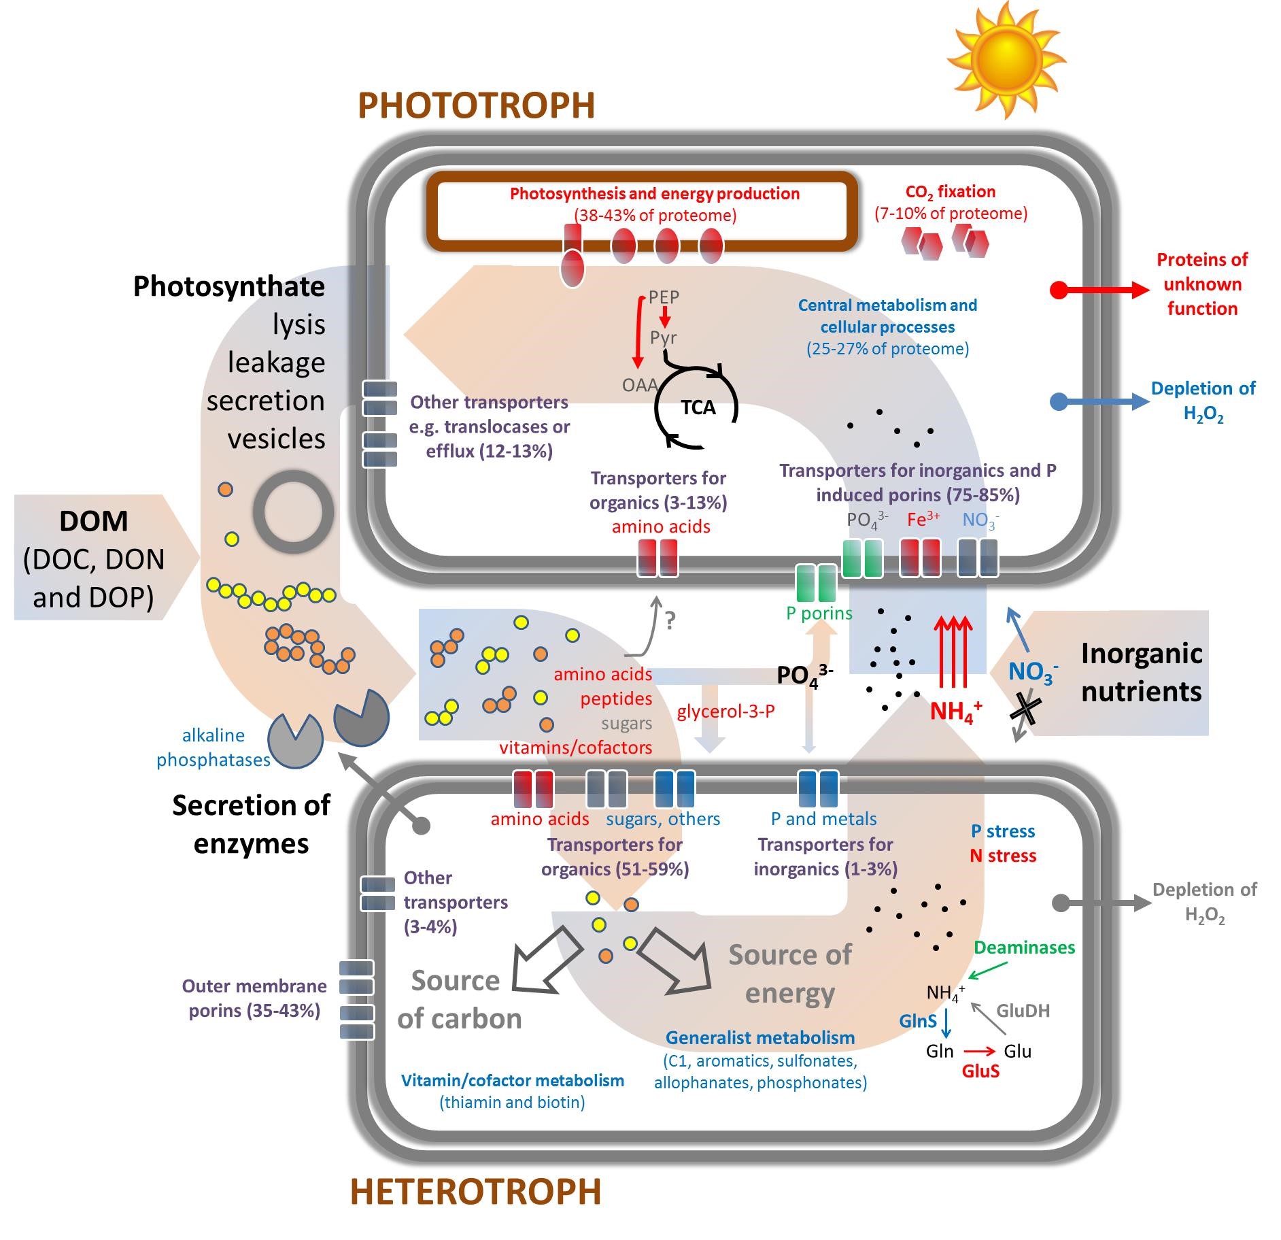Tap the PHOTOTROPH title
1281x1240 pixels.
point(476,105)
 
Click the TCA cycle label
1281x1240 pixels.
point(698,407)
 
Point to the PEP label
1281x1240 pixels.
point(664,297)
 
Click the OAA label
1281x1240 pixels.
point(640,385)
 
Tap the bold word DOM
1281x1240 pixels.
point(94,521)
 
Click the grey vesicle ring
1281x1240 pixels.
point(293,512)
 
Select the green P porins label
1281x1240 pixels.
point(819,613)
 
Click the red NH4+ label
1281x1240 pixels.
point(956,711)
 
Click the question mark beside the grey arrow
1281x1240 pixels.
point(670,620)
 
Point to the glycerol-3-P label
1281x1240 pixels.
point(725,711)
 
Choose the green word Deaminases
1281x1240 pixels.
point(1024,948)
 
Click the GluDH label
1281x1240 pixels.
point(1023,1011)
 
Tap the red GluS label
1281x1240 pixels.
point(980,1071)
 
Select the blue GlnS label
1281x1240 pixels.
point(918,1021)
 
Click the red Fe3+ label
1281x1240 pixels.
point(923,520)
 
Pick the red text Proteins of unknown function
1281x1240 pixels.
point(1202,284)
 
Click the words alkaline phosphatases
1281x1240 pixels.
point(213,748)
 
